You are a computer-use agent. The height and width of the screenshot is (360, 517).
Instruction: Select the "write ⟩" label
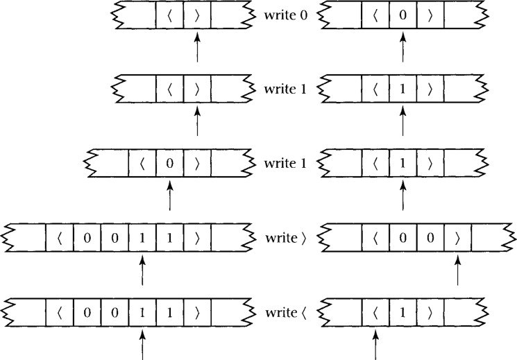(x=285, y=238)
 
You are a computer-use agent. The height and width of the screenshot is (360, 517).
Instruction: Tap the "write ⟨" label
(x=285, y=311)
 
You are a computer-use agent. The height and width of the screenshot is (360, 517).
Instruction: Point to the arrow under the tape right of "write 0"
(x=402, y=49)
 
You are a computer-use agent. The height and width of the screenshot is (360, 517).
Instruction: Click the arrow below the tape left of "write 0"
(x=197, y=49)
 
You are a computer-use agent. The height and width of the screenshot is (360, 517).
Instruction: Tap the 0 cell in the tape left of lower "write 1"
(x=170, y=165)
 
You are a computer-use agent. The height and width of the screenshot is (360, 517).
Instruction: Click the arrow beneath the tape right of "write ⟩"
(x=457, y=271)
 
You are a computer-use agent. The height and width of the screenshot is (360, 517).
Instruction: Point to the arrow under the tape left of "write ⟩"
(x=142, y=271)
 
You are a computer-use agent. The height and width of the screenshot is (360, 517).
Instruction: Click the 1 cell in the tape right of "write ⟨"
(x=402, y=312)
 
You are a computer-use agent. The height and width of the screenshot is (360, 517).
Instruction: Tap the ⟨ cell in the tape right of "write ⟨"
(x=375, y=312)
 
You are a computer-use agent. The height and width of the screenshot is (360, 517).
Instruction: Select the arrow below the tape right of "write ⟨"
(x=375, y=345)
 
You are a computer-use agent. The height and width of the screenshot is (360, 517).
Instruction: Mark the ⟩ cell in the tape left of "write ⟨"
(x=197, y=312)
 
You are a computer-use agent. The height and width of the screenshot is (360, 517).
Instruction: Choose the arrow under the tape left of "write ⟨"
(x=142, y=345)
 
